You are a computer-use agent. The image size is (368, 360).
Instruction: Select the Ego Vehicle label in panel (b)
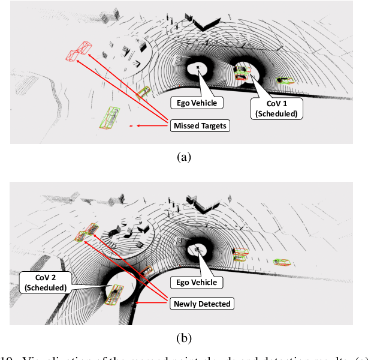click(195, 282)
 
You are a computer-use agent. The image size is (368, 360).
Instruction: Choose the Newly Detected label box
click(201, 304)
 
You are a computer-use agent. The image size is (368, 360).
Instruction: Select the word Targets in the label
click(213, 125)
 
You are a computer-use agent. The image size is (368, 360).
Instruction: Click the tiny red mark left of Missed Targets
click(131, 126)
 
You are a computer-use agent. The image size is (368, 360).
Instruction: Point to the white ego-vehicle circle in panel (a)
click(197, 69)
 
